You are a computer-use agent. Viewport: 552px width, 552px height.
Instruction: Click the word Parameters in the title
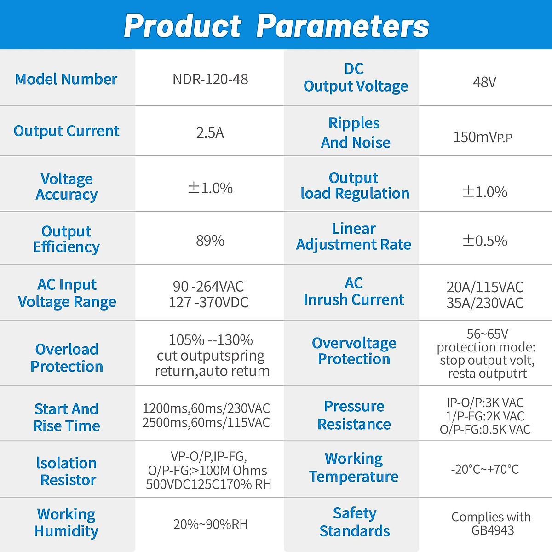343,26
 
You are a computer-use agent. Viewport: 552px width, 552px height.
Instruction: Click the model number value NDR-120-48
210,79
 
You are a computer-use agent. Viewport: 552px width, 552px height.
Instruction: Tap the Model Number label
66,79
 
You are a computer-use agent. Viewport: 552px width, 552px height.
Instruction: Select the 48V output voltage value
484,82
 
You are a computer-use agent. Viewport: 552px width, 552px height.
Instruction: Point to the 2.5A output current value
210,132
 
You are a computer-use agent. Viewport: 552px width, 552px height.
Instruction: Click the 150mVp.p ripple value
483,137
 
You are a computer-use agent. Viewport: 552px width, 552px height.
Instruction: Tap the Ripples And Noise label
355,132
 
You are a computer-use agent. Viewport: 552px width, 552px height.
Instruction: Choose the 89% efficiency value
210,240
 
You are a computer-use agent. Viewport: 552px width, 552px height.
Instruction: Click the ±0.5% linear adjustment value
484,240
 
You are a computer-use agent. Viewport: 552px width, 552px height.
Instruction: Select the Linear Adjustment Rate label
354,236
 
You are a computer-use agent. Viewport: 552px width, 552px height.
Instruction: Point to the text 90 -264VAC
208,287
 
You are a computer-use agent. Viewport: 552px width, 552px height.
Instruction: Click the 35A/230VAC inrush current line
485,303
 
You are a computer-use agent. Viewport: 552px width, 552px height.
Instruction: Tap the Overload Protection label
67,357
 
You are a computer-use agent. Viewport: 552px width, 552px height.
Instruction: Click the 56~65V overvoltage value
487,334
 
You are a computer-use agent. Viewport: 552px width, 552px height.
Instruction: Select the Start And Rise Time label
67,417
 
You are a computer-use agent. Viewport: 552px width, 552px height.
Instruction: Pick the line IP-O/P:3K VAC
485,403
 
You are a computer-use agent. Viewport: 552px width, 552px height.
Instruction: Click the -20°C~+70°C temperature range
485,469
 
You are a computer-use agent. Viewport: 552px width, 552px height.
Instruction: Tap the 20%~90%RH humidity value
210,524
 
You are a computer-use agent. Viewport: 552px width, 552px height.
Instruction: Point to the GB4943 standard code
492,530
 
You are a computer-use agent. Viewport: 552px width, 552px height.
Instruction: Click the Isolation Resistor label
67,471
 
